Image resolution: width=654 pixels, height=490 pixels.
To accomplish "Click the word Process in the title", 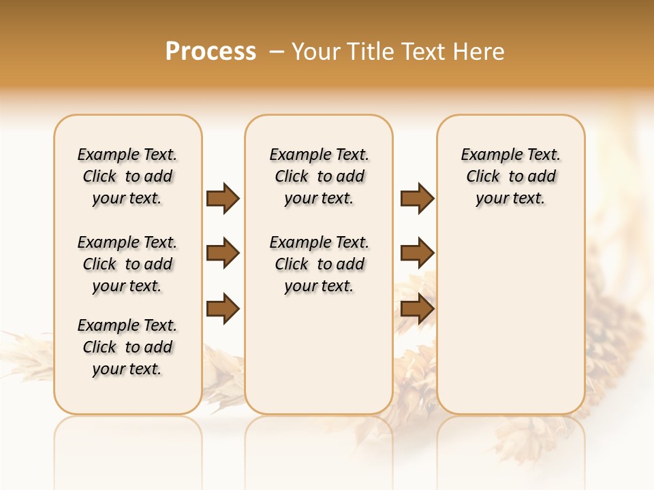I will pyautogui.click(x=211, y=51).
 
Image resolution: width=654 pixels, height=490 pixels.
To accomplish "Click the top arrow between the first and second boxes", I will pyautogui.click(x=223, y=199).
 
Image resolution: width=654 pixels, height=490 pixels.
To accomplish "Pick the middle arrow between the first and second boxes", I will pyautogui.click(x=223, y=254).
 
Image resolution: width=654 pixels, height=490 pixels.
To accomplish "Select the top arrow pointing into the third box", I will pyautogui.click(x=417, y=199).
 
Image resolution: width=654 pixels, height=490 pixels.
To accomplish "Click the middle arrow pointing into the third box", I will pyautogui.click(x=417, y=254).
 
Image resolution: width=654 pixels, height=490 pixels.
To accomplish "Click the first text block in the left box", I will pyautogui.click(x=127, y=176).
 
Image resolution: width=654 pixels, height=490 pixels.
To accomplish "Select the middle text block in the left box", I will pyautogui.click(x=127, y=264).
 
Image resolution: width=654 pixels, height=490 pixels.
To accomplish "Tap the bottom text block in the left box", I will pyautogui.click(x=127, y=347).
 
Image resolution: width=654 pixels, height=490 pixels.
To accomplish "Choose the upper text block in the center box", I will pyautogui.click(x=319, y=176).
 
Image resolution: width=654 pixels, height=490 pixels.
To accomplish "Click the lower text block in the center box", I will pyautogui.click(x=319, y=264).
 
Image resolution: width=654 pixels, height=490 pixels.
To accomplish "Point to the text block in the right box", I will pyautogui.click(x=510, y=176).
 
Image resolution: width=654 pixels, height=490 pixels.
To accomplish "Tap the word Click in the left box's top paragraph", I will pyautogui.click(x=99, y=177).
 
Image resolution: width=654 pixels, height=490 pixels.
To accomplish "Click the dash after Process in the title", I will pyautogui.click(x=277, y=51).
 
